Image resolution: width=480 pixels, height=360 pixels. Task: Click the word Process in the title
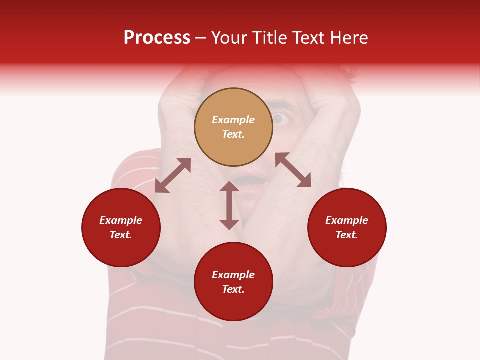(x=157, y=38)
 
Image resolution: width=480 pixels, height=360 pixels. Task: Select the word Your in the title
(x=230, y=38)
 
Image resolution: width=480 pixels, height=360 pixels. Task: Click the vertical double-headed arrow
(x=229, y=205)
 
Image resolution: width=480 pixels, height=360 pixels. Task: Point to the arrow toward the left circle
(x=173, y=175)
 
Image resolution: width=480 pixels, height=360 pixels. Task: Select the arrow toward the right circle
(x=293, y=170)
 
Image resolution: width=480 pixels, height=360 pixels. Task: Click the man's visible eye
(x=278, y=119)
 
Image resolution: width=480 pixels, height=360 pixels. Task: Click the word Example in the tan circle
(x=233, y=120)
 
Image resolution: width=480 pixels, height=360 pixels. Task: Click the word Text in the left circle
(x=121, y=235)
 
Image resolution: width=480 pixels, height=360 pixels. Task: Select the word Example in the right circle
(x=347, y=220)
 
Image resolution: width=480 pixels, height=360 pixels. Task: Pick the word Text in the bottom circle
(x=233, y=289)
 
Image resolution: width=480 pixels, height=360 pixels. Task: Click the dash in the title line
(x=200, y=38)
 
